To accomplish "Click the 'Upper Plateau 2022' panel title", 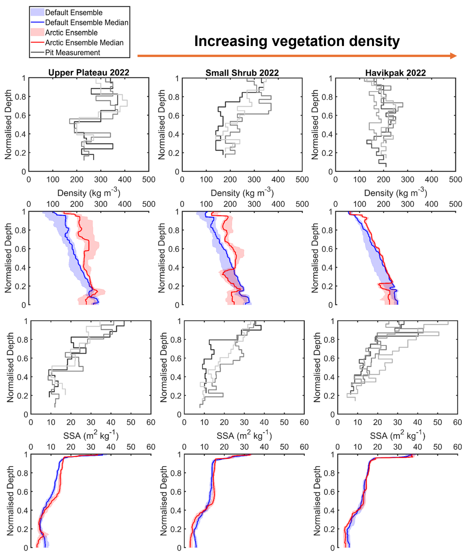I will [89, 72].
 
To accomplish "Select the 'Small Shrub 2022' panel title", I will [242, 73].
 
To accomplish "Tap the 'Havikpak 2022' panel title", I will [395, 73].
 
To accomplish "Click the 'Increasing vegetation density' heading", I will [297, 41].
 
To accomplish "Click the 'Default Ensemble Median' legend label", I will [87, 23].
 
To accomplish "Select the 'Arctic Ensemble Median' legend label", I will [84, 43].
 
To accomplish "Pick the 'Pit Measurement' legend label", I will [72, 52].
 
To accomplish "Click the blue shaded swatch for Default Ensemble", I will [37, 12].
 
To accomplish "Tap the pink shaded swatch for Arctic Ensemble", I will [37, 32].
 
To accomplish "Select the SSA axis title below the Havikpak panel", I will [398, 436].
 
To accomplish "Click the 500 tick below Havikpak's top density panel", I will [455, 180].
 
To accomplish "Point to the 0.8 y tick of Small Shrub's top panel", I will [174, 97].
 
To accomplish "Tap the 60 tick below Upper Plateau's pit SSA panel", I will [151, 422].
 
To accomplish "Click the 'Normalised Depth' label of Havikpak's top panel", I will [315, 125].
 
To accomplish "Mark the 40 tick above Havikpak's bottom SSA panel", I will [417, 447].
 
